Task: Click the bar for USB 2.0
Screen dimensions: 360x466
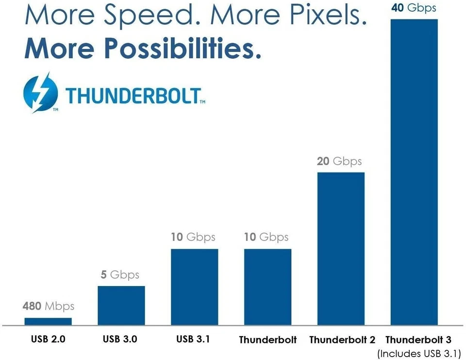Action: tap(48, 321)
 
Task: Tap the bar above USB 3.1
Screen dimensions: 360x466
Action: tap(194, 287)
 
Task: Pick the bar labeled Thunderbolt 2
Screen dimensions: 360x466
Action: tap(341, 248)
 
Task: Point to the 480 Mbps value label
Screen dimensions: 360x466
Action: tap(48, 306)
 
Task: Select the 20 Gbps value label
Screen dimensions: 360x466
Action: tap(339, 161)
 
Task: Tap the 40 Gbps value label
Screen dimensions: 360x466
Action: tap(414, 8)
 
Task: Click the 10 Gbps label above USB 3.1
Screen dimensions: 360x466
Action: tap(193, 237)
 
